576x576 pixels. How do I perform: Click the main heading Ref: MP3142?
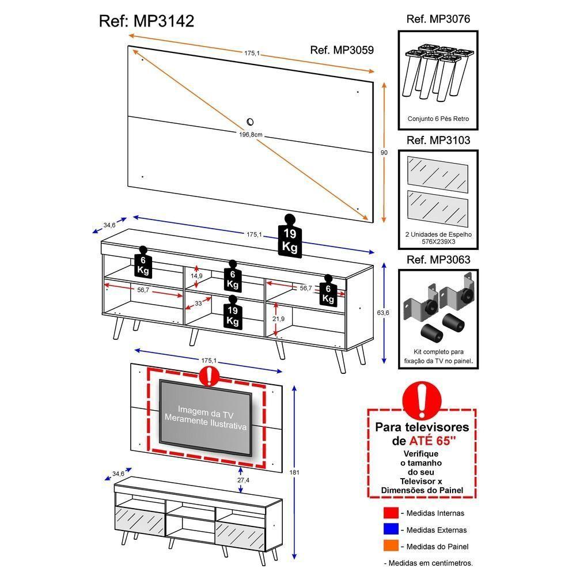click(146, 21)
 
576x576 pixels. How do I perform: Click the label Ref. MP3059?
click(342, 50)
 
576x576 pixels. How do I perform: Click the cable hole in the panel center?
click(251, 122)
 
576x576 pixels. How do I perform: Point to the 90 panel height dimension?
click(384, 153)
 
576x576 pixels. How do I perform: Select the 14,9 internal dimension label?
click(197, 276)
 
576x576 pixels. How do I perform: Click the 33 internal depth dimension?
click(198, 303)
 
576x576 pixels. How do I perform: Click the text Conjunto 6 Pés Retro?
click(438, 119)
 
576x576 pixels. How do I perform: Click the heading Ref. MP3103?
click(438, 141)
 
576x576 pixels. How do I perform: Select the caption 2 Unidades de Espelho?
click(438, 234)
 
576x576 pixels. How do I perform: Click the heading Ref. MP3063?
click(438, 260)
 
